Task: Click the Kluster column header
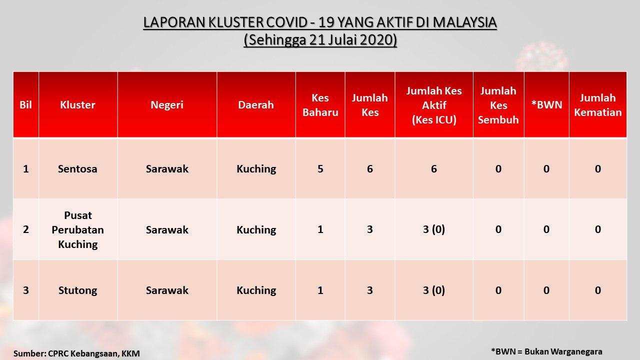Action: pos(77,105)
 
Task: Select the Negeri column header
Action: pos(167,105)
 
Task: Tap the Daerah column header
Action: pos(255,105)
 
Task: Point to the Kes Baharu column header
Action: pos(320,105)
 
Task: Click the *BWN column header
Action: pos(546,105)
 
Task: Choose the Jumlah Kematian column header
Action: pos(597,105)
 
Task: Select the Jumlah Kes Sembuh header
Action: pos(498,105)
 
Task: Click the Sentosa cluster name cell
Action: pos(77,169)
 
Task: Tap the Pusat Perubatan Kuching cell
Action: pos(77,229)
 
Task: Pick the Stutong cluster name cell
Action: pos(77,290)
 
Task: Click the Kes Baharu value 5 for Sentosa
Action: pos(320,169)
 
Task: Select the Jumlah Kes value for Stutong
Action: pos(369,290)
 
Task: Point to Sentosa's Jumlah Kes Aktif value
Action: pos(433,169)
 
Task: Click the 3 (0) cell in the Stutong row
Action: pos(433,290)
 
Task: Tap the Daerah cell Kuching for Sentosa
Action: pos(256,169)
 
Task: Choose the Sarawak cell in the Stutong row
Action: pos(167,290)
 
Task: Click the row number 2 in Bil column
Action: pos(25,229)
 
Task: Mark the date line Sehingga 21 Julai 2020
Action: pos(320,40)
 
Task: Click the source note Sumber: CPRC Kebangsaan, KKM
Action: pos(76,353)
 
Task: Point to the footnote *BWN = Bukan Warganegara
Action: pos(546,351)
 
